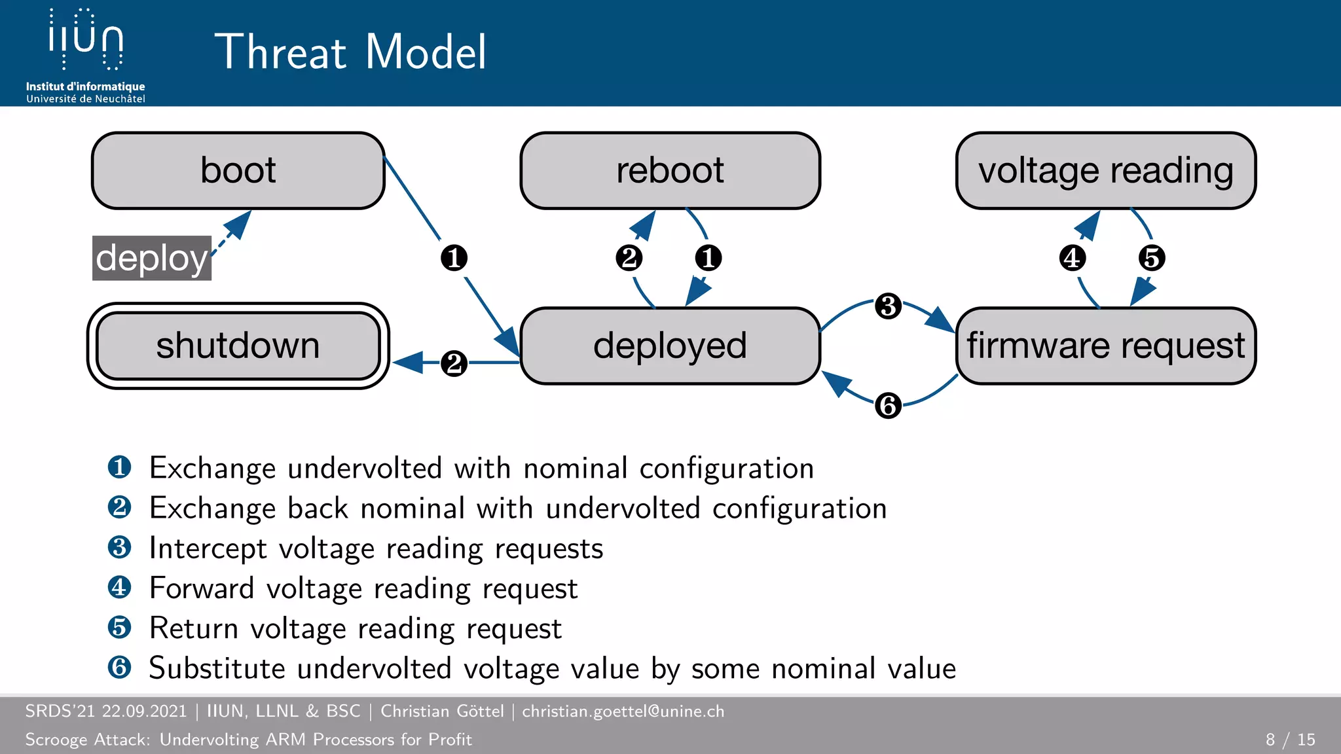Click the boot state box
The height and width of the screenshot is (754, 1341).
point(238,171)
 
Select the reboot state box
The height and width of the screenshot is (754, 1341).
point(670,171)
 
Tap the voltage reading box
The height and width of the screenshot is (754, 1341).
point(1105,171)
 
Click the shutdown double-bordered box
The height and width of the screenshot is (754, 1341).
point(238,346)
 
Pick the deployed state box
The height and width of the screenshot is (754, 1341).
point(670,346)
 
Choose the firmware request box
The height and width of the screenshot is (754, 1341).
point(1105,346)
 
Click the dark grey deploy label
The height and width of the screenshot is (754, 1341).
point(151,258)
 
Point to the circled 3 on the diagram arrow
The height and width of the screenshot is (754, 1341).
point(888,306)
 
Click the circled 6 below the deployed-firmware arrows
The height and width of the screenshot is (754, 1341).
point(888,405)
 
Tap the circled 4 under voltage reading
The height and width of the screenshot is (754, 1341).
point(1072,258)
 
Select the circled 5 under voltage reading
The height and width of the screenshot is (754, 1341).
point(1152,258)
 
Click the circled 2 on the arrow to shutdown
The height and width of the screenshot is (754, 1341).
point(454,363)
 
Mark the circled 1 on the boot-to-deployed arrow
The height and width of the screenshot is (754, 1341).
point(454,258)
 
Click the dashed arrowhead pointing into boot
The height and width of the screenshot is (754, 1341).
point(238,224)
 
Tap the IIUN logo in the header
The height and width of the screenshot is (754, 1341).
point(86,41)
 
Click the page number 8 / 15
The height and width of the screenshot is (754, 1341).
point(1290,740)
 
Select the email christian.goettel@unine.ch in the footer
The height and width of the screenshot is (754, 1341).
point(623,711)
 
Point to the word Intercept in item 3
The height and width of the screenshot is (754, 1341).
point(208,548)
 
